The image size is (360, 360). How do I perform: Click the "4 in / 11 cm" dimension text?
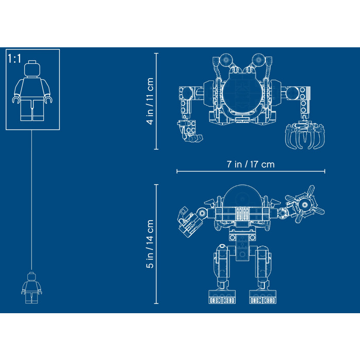150,101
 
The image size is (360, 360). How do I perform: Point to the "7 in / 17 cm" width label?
250,165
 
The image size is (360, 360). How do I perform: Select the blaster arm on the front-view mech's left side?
189,220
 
